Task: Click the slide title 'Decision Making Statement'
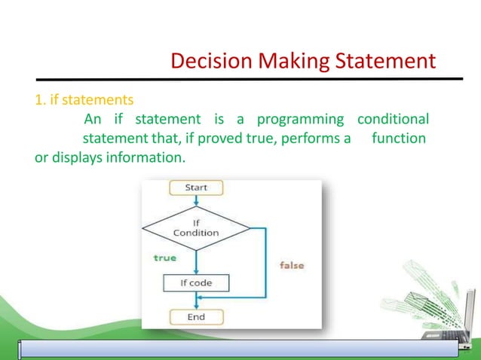[x=302, y=60]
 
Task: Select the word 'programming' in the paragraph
[x=300, y=120]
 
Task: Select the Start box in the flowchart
[x=197, y=188]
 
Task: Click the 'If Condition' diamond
[x=196, y=227]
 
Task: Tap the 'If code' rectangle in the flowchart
[x=196, y=283]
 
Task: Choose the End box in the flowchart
[x=196, y=317]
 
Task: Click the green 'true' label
[x=164, y=258]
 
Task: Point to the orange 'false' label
[x=292, y=265]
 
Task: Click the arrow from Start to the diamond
[x=196, y=200]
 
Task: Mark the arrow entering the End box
[x=196, y=303]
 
